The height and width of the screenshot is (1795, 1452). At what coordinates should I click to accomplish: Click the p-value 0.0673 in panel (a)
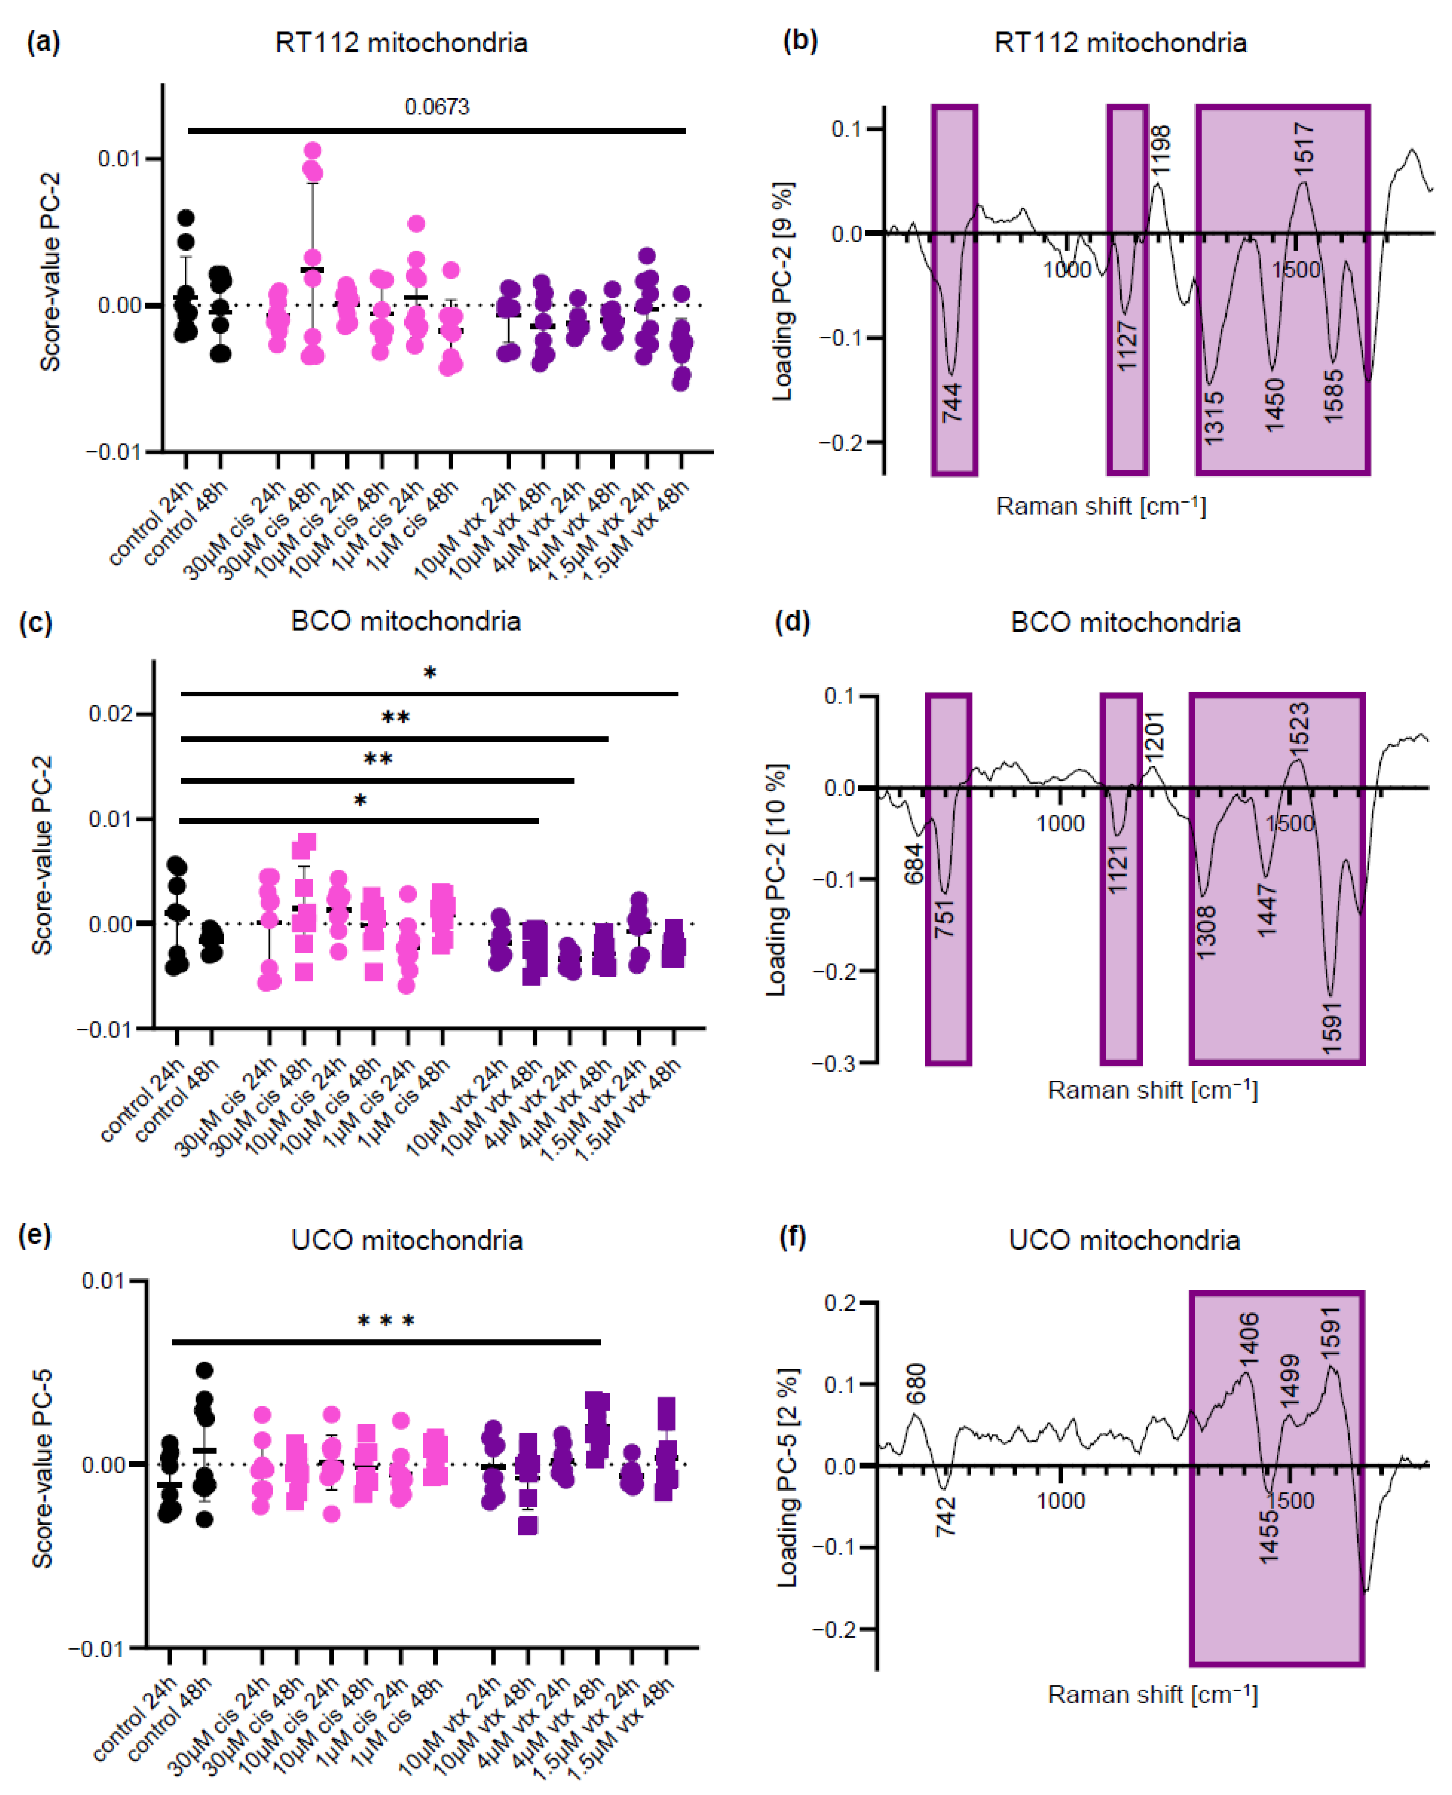click(x=437, y=107)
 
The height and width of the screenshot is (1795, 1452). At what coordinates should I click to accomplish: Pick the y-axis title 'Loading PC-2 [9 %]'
click(x=782, y=291)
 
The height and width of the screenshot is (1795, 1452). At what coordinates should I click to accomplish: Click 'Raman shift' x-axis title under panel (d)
click(x=1152, y=1090)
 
